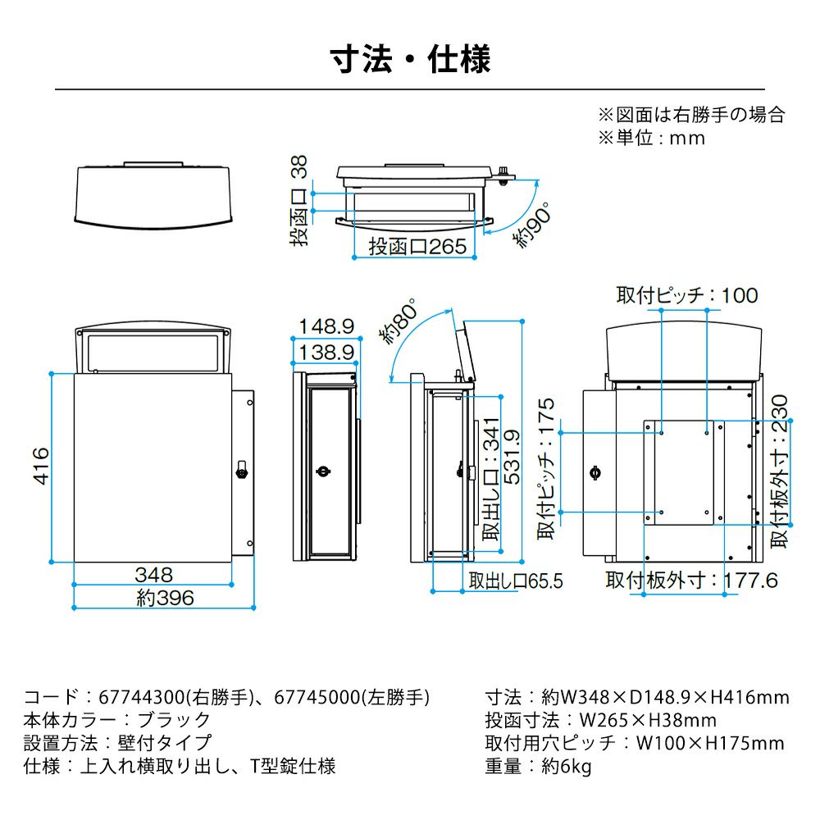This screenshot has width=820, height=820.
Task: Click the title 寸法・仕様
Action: [410, 60]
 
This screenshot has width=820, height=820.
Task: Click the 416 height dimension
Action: [40, 466]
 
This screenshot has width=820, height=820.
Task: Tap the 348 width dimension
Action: [154, 574]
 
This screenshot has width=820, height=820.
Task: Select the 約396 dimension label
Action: [166, 598]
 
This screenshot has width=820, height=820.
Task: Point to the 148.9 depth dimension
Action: [326, 327]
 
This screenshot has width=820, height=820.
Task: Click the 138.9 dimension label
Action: [326, 353]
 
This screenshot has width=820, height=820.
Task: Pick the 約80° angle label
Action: [399, 322]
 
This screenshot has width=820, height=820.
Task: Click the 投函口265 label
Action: [417, 246]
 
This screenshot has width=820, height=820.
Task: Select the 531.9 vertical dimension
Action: [512, 467]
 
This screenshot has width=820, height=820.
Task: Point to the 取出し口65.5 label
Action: [516, 581]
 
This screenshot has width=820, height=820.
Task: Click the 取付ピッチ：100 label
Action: [687, 295]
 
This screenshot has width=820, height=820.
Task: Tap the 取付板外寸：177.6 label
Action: [691, 581]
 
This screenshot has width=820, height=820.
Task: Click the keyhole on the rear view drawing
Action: [594, 472]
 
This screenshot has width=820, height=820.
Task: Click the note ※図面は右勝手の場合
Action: [690, 114]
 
